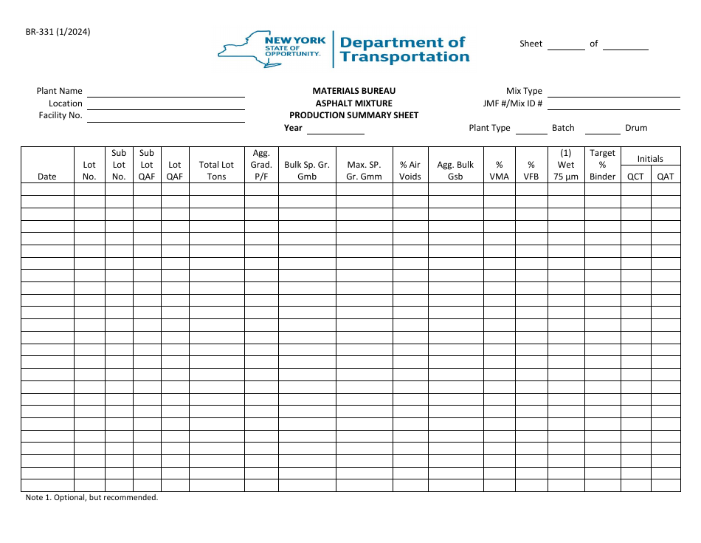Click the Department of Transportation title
404,49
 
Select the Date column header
47,177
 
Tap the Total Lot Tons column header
217,171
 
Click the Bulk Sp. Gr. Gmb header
307,171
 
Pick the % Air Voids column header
410,171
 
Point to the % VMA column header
500,171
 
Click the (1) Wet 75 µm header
566,165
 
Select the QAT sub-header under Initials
666,177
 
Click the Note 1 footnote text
92,498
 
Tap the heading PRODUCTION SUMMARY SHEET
353,115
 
